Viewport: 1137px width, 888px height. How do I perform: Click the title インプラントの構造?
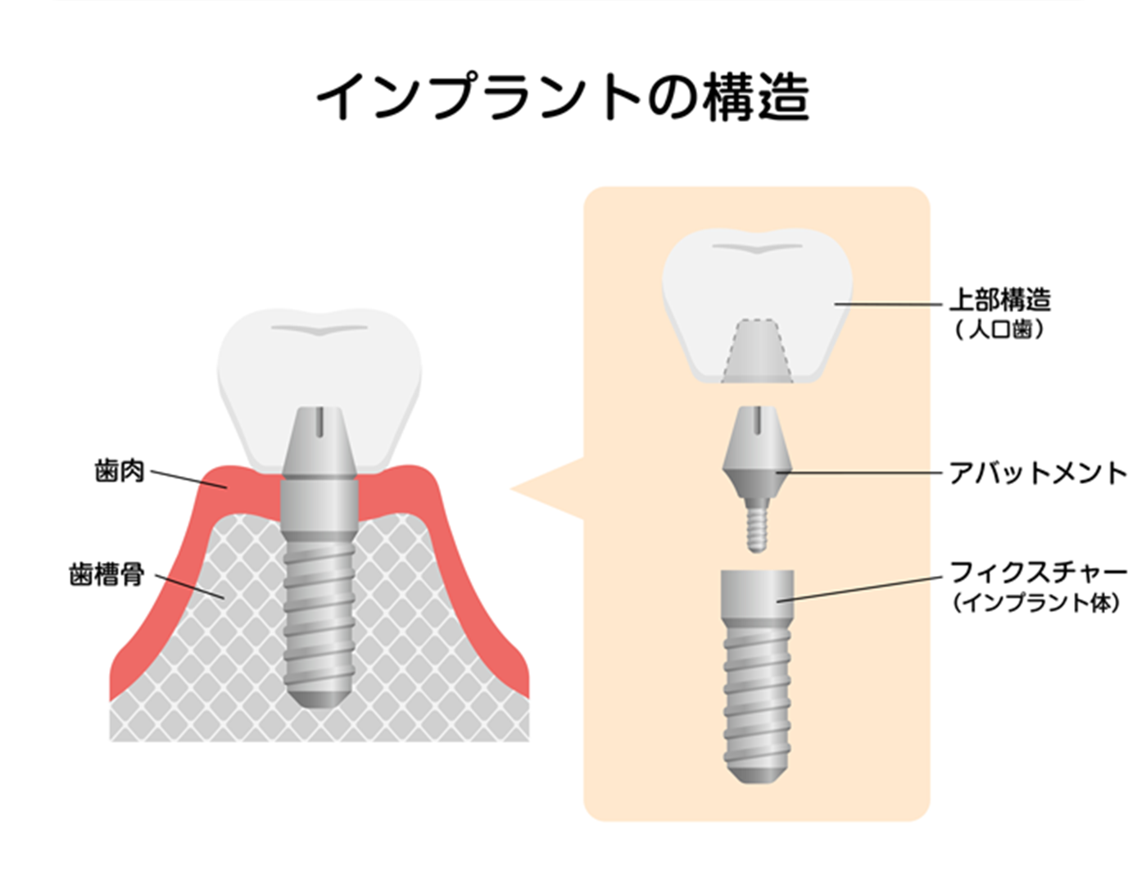pos(563,97)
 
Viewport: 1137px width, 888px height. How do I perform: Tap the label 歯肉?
pos(120,471)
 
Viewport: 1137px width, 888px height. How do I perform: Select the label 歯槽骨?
pos(106,574)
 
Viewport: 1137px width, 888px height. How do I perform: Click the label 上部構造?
pos(1000,300)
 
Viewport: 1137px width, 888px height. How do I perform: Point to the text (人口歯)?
pos(999,329)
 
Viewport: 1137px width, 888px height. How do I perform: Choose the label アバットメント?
pos(1038,473)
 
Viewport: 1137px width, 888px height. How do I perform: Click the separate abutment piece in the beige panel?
pos(757,478)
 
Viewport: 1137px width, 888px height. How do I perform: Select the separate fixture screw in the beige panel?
pos(757,677)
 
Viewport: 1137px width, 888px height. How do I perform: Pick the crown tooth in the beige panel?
pos(757,306)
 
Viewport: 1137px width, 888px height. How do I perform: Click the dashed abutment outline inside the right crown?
pos(757,351)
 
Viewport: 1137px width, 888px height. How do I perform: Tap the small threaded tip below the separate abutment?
pos(757,525)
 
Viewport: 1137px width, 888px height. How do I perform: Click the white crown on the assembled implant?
pos(319,390)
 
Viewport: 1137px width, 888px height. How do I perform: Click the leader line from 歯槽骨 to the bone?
pos(190,587)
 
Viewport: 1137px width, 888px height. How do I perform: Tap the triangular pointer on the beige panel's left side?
pos(547,489)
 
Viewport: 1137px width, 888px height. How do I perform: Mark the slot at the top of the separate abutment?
pos(757,421)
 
